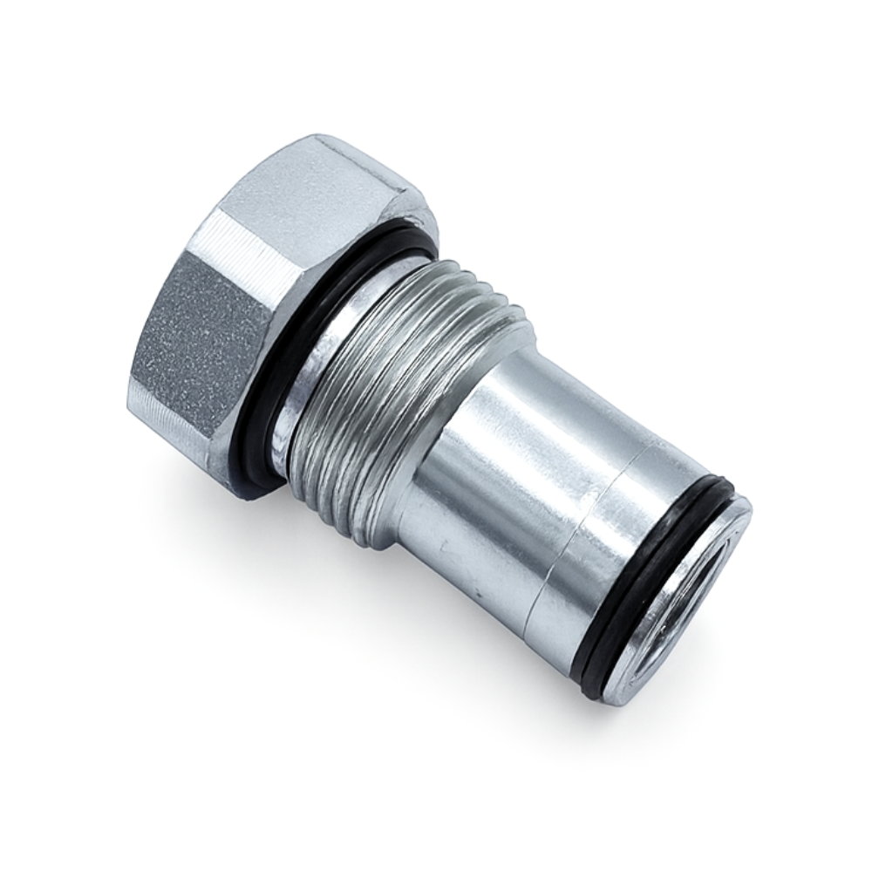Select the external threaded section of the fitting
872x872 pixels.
(392, 384)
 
